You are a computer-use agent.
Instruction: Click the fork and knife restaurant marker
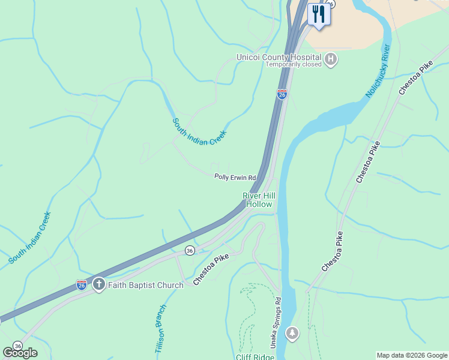pos(318,14)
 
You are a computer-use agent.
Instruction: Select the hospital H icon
pos(331,59)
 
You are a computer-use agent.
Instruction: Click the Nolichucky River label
pos(379,71)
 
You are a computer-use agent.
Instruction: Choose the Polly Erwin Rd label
pos(235,178)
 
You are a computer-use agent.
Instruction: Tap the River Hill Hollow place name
pos(258,200)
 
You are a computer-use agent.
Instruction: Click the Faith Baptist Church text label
pos(145,285)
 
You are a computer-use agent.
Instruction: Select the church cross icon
pos(98,284)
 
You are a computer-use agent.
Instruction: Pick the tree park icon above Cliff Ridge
pos(292,332)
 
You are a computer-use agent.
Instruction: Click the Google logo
pos(20,352)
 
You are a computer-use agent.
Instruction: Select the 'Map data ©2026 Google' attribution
pos(412,355)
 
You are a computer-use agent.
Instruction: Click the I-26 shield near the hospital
pos(282,94)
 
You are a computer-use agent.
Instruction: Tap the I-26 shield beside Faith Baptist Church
pos(81,284)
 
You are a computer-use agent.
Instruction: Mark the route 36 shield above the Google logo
pos(18,346)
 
